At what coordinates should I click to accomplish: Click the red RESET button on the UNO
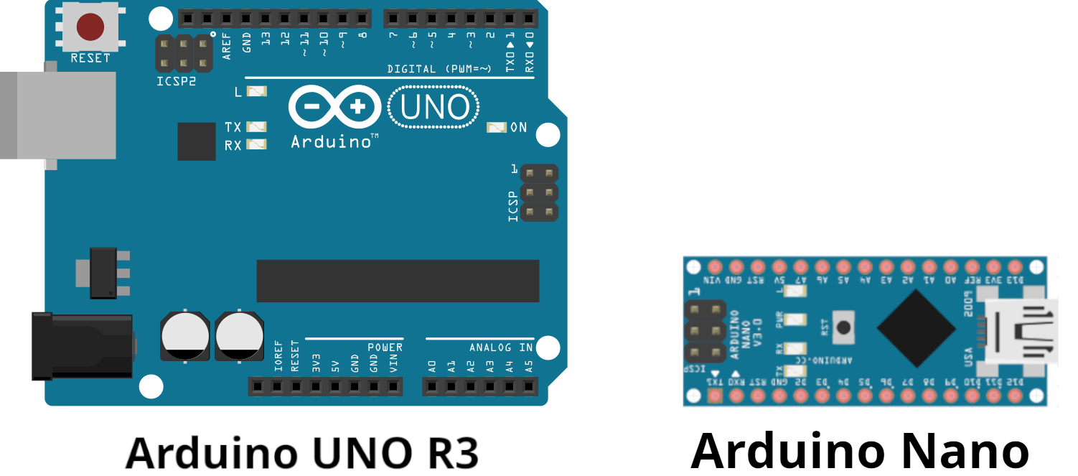click(90, 27)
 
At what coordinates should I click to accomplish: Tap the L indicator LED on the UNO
click(256, 91)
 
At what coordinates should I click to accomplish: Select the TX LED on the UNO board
click(256, 127)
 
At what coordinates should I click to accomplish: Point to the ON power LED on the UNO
click(497, 128)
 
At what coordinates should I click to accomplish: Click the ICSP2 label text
click(176, 82)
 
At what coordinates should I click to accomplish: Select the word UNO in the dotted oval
click(434, 108)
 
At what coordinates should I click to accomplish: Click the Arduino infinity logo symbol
click(336, 108)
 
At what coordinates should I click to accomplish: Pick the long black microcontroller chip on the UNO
click(398, 281)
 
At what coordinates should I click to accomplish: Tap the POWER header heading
click(385, 347)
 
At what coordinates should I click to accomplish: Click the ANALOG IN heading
click(501, 347)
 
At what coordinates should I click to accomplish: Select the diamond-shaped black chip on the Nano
click(916, 327)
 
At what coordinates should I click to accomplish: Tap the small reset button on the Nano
click(844, 327)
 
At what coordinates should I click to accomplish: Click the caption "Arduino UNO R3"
click(301, 452)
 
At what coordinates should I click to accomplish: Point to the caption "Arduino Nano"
click(860, 450)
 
